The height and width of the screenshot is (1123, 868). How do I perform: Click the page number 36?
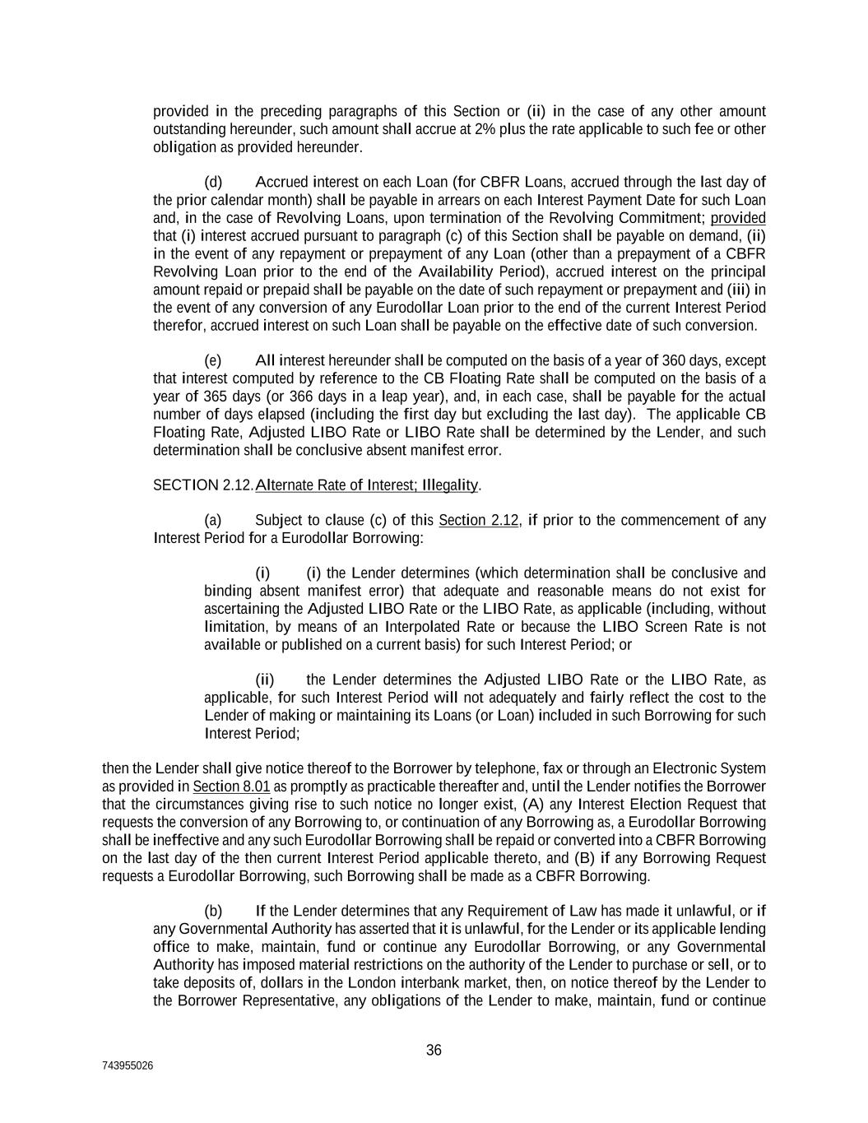click(434, 1050)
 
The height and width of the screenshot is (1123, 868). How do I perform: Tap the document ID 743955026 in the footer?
click(128, 1065)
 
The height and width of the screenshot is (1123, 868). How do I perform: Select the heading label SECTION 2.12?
click(203, 485)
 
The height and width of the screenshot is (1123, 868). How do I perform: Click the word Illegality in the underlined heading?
click(449, 485)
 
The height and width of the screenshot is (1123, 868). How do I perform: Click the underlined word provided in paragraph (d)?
click(738, 218)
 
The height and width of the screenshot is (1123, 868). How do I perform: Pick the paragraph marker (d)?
click(213, 182)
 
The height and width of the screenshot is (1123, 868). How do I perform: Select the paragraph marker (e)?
click(213, 360)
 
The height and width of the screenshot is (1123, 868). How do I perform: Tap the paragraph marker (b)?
click(213, 911)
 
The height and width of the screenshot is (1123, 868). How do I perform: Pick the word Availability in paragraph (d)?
click(455, 272)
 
